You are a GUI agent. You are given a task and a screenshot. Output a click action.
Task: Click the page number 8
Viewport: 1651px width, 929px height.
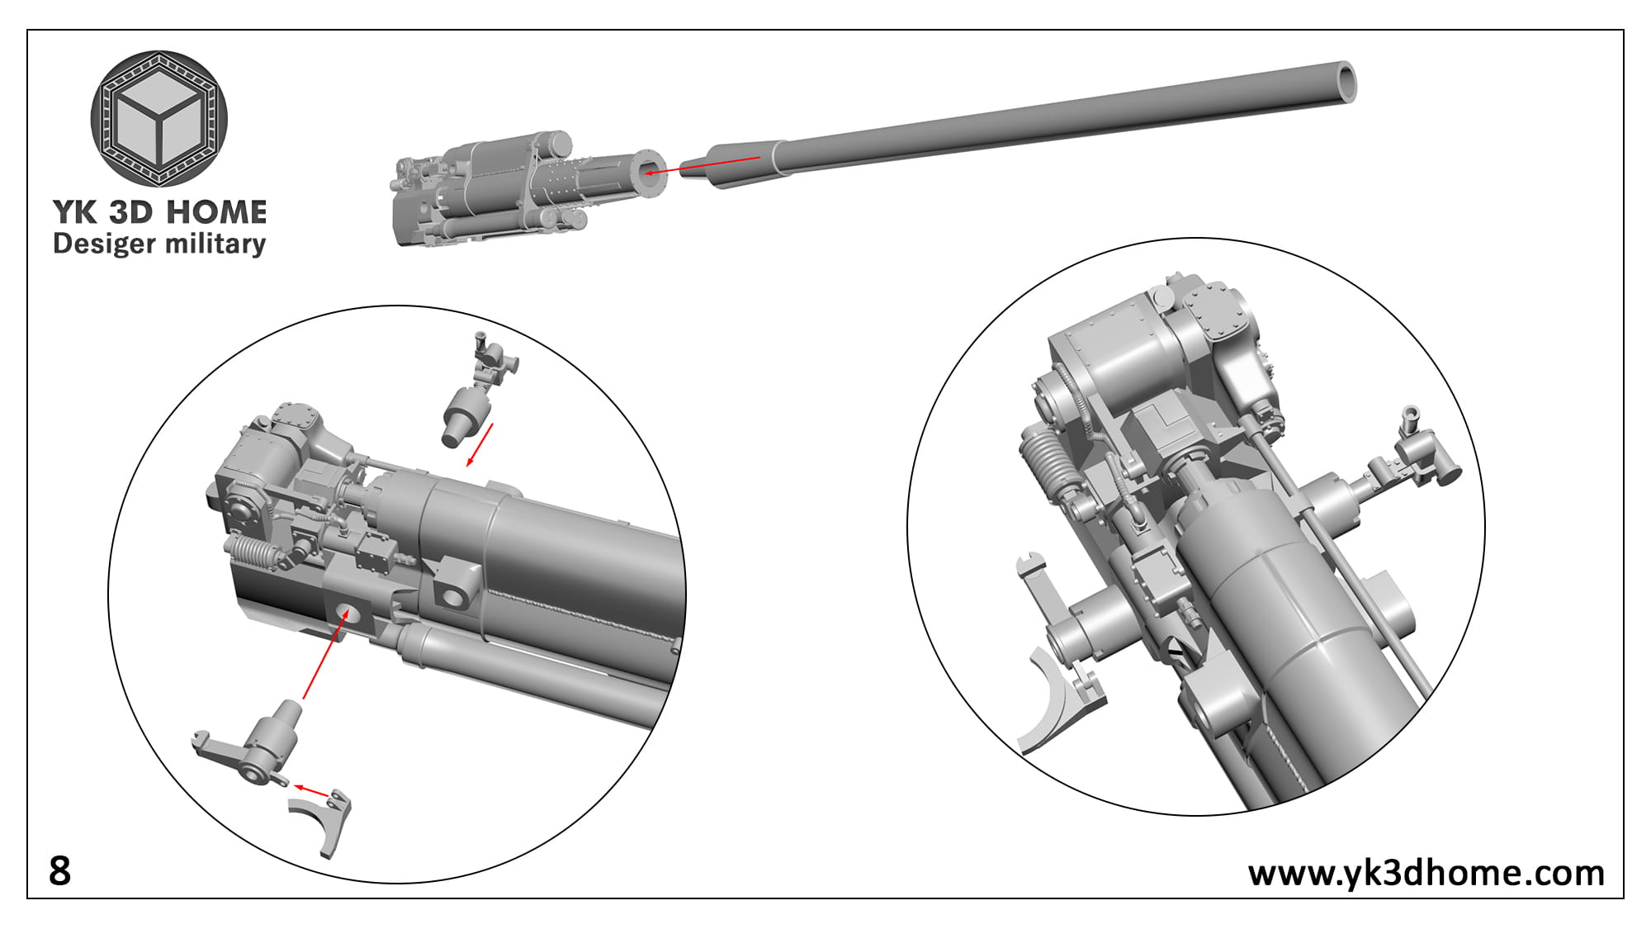click(x=60, y=871)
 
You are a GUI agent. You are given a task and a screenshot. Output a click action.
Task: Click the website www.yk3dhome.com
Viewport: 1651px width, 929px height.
click(x=1426, y=874)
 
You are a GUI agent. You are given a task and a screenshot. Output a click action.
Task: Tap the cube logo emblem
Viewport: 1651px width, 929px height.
click(x=159, y=118)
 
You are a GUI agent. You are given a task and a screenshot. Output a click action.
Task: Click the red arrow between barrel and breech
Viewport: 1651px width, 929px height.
click(x=703, y=165)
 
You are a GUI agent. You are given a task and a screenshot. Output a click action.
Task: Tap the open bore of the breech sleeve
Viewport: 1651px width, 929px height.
click(x=650, y=172)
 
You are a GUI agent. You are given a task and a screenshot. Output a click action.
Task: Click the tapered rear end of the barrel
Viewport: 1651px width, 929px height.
click(x=735, y=165)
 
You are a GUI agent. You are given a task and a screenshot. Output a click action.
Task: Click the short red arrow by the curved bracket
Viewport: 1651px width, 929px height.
click(x=311, y=790)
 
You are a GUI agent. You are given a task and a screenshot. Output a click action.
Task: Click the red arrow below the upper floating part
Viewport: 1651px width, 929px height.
click(x=480, y=445)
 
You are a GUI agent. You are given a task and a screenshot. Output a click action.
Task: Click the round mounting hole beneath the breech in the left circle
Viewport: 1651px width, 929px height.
click(x=346, y=613)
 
